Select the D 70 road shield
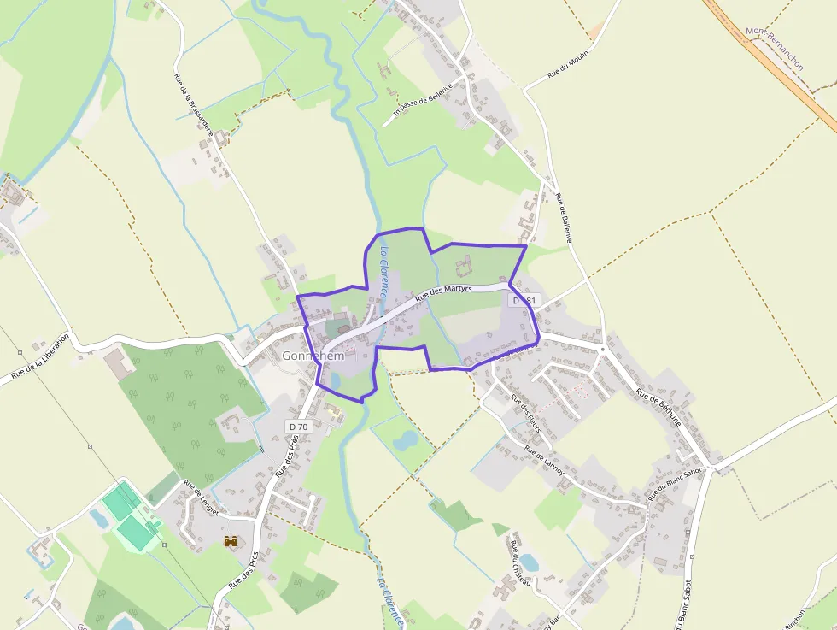tap(298, 426)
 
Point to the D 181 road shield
tap(524, 301)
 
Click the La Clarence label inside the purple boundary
tap(385, 272)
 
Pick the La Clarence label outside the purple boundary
tap(389, 598)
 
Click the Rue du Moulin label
tap(570, 64)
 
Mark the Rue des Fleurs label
tap(527, 410)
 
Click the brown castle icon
tap(231, 540)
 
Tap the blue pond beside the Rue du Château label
tap(530, 562)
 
